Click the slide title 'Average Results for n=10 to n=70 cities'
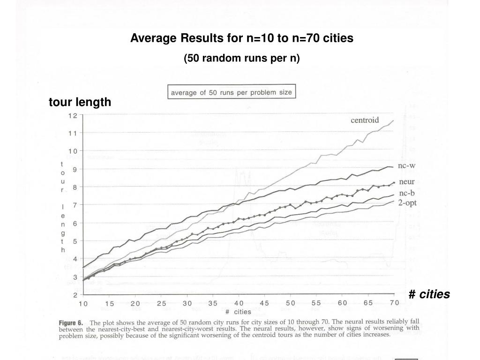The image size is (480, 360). [241, 38]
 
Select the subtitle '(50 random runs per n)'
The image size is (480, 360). [241, 58]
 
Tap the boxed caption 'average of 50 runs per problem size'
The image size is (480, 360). [232, 92]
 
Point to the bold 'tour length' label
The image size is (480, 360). [80, 102]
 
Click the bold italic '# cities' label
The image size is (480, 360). [429, 294]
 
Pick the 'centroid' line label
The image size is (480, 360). [365, 120]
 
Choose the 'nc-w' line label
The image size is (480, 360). [406, 165]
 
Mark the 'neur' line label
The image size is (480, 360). [406, 181]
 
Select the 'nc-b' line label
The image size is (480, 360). [406, 193]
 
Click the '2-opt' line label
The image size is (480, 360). [407, 203]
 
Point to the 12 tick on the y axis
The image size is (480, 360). [73, 115]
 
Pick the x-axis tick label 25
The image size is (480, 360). [161, 303]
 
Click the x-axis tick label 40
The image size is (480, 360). [239, 303]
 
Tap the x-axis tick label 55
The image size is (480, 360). [316, 303]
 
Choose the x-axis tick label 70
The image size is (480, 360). [394, 303]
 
